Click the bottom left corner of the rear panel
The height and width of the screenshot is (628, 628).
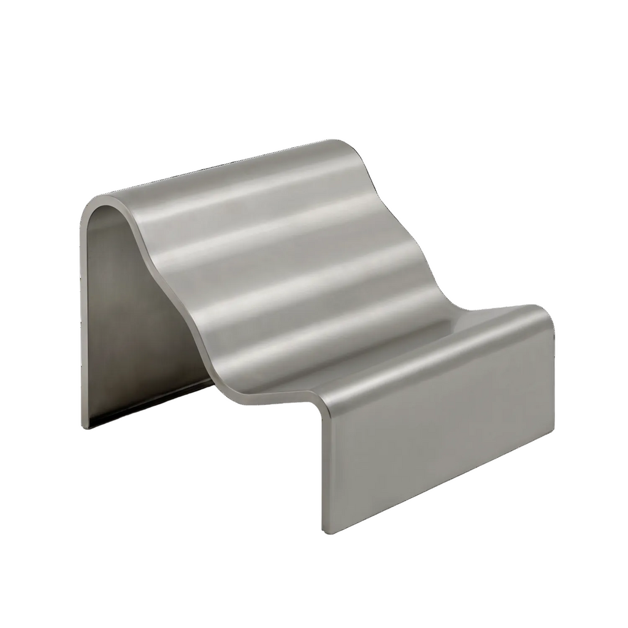tap(83, 427)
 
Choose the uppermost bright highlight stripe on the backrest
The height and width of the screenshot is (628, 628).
tap(245, 196)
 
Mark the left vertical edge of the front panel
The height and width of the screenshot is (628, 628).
tap(323, 466)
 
